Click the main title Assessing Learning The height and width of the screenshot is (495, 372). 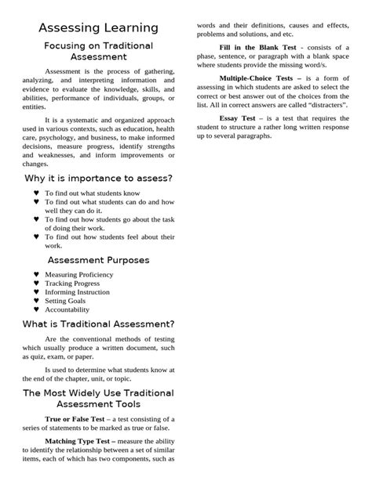tap(98, 28)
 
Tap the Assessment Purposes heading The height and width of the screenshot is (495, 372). tap(98, 259)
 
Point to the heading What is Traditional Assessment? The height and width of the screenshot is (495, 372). tap(98, 324)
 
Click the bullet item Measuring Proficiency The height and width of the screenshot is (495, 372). tap(79, 275)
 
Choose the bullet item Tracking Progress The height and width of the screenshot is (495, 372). tap(72, 284)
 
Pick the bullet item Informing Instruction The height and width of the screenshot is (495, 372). tap(78, 292)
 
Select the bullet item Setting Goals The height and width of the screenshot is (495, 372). tap(65, 301)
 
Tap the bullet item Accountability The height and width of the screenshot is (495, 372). tap(67, 309)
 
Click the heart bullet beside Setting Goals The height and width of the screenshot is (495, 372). tap(36, 301)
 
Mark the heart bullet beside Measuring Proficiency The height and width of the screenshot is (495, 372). tap(36, 275)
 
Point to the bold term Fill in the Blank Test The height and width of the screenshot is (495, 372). tap(257, 47)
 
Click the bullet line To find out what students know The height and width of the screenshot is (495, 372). tap(93, 193)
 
